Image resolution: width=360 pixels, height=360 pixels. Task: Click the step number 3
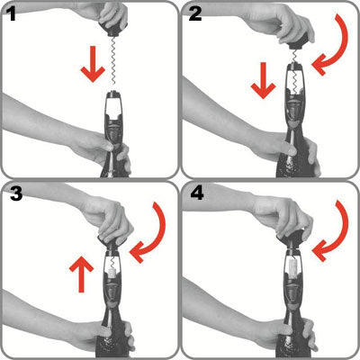(13, 193)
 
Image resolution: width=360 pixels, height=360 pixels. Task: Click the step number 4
(195, 193)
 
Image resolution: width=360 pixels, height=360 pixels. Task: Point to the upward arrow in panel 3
(81, 272)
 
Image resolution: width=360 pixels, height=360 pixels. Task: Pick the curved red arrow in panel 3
(148, 230)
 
